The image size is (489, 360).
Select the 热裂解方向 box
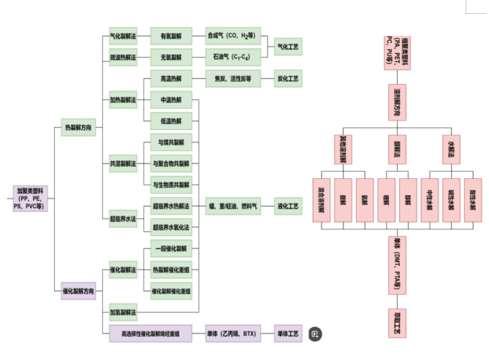pyautogui.click(x=78, y=129)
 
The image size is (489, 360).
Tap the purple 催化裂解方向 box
pyautogui.click(x=78, y=291)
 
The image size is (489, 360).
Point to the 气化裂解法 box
pyautogui.click(x=123, y=34)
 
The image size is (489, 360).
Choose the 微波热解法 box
pyautogui.click(x=123, y=56)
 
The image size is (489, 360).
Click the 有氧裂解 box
pyautogui.click(x=171, y=34)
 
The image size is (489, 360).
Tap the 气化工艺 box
pyautogui.click(x=287, y=45)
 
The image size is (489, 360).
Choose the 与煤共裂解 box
pyautogui.click(x=171, y=142)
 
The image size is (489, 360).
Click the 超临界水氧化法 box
pyautogui.click(x=171, y=228)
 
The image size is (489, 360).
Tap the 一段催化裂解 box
pyautogui.click(x=171, y=249)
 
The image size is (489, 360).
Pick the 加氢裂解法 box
pyautogui.click(x=123, y=313)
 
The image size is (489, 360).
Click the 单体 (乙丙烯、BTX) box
pyautogui.click(x=233, y=334)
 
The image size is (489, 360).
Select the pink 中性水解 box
pyautogui.click(x=431, y=198)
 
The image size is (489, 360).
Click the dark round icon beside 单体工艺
pyautogui.click(x=315, y=334)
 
